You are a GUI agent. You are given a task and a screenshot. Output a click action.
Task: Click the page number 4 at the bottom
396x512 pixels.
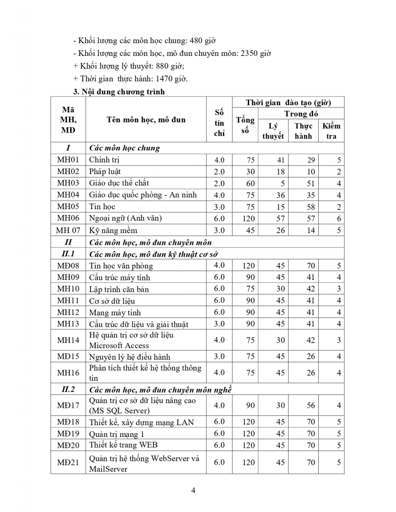[x=193, y=490]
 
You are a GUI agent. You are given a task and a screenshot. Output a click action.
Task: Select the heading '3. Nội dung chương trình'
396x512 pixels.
[x=119, y=92]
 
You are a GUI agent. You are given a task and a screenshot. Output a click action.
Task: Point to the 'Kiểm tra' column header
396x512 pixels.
[x=331, y=131]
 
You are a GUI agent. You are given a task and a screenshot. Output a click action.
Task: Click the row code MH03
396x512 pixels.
[x=68, y=183]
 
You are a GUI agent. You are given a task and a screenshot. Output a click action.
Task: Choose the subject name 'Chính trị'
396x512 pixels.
[x=104, y=160]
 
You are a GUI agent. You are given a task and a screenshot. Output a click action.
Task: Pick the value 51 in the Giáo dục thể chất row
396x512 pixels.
[x=311, y=183]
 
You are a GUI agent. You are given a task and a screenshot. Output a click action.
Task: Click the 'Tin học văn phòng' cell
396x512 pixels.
[x=121, y=266]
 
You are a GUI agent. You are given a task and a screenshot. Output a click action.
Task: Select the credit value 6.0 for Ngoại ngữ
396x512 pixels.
[x=219, y=218]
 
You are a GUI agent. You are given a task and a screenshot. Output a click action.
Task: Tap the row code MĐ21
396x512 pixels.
[x=68, y=463]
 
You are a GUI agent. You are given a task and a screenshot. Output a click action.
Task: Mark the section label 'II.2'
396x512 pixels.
[x=68, y=389]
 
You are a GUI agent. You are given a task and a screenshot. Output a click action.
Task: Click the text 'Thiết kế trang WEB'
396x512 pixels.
[x=123, y=445]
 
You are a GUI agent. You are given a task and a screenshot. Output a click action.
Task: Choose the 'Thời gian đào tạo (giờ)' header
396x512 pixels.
[x=288, y=102]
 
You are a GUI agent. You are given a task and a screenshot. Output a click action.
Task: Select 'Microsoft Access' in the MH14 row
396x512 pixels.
[x=119, y=346]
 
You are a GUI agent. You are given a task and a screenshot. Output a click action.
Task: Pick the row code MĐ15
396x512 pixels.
[x=68, y=356]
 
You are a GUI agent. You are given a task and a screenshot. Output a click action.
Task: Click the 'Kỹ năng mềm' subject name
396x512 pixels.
[x=113, y=230]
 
